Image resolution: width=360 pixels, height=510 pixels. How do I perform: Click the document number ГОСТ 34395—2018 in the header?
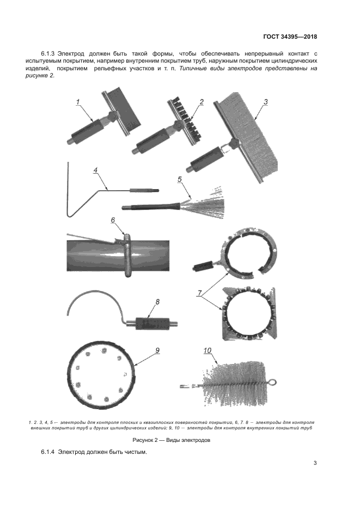pyautogui.click(x=290, y=37)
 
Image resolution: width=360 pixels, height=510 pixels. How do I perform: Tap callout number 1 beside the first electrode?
pyautogui.click(x=78, y=102)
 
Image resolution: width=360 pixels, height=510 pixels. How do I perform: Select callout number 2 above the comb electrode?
pyautogui.click(x=202, y=102)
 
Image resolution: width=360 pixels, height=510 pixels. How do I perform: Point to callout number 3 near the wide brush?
pyautogui.click(x=265, y=102)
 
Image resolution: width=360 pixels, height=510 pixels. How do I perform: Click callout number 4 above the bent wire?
pyautogui.click(x=96, y=171)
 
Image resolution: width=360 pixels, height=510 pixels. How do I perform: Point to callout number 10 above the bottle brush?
pyautogui.click(x=207, y=350)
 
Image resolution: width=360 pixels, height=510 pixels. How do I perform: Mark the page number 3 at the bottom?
pyautogui.click(x=315, y=463)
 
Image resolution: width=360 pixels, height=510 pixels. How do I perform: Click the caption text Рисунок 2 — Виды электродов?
pyautogui.click(x=172, y=440)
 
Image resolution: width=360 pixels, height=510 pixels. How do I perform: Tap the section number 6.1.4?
pyautogui.click(x=48, y=452)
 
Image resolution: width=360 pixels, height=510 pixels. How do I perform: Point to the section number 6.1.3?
pyautogui.click(x=48, y=53)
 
